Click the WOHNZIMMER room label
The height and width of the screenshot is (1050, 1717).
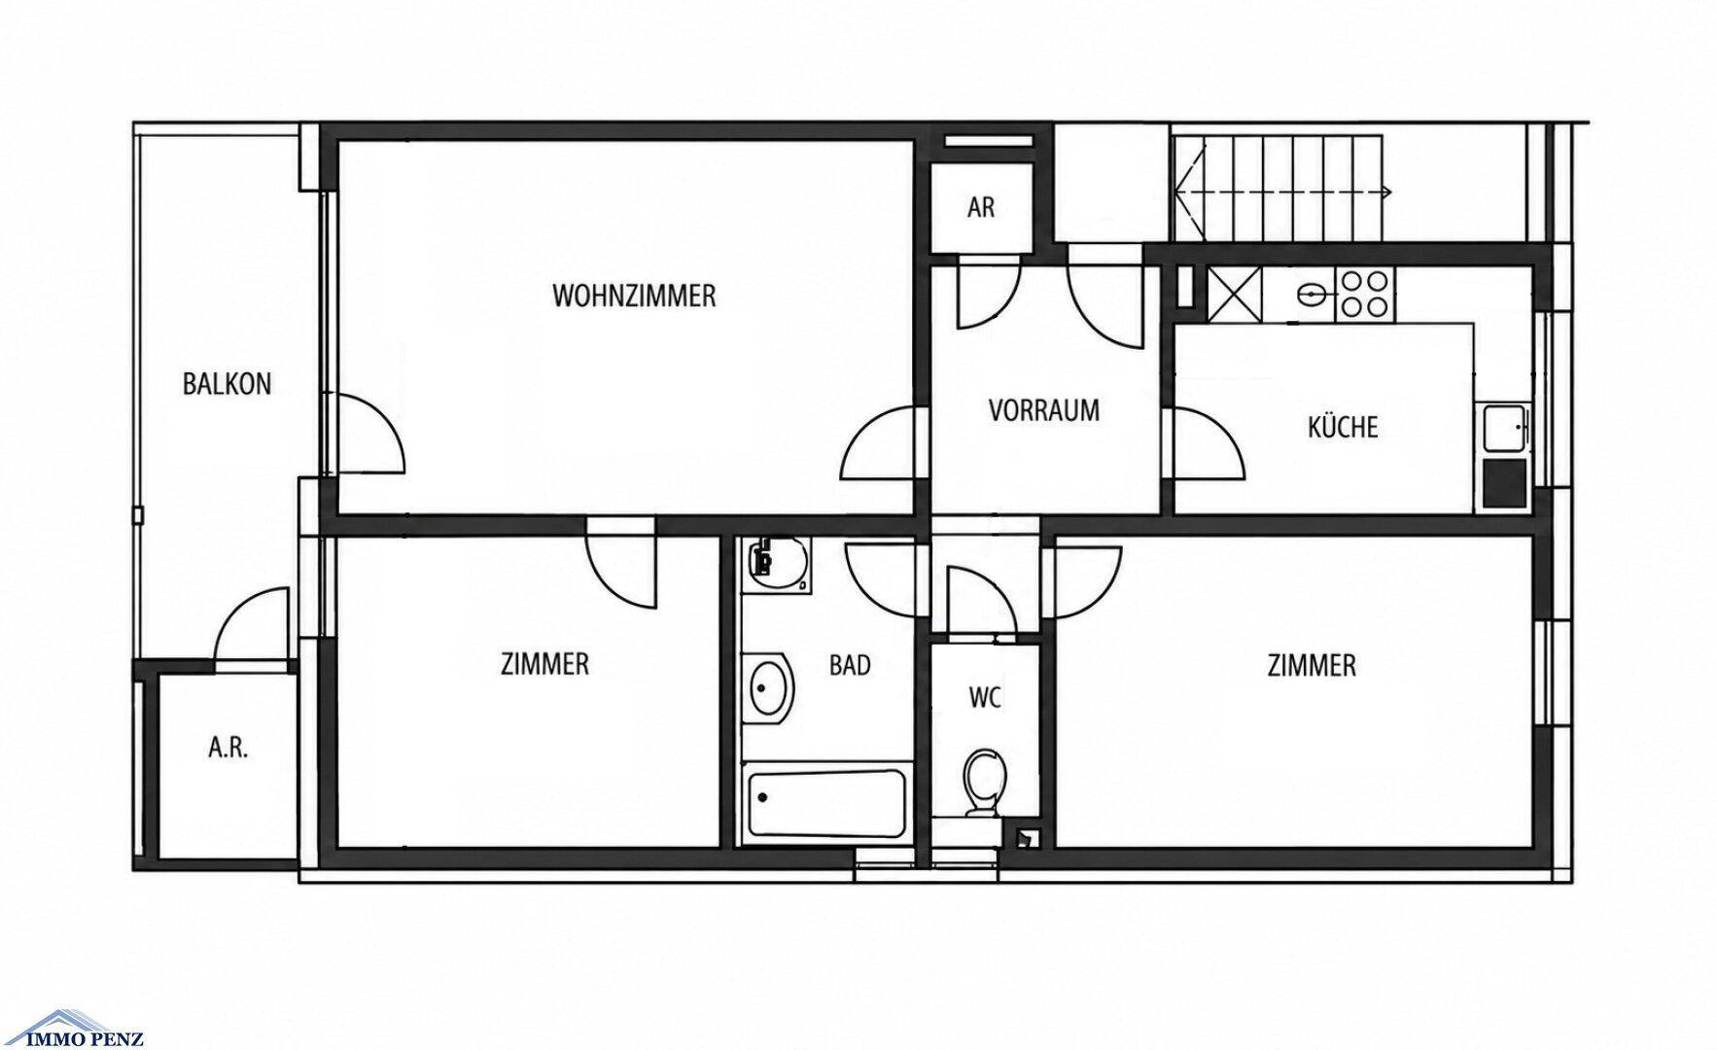[x=634, y=296]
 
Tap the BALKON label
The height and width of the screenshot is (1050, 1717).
[x=227, y=384]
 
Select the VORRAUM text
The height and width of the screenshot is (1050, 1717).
[x=1044, y=410]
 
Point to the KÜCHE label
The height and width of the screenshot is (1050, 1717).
[x=1343, y=427]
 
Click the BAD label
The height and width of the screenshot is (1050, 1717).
[x=850, y=665]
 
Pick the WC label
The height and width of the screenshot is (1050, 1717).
[x=985, y=697]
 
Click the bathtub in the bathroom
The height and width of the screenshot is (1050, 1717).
[x=827, y=806]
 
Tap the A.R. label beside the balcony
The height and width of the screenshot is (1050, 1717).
[x=228, y=749]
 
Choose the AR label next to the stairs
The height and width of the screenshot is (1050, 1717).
[x=981, y=208]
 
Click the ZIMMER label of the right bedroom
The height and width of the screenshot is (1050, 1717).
[x=1312, y=665]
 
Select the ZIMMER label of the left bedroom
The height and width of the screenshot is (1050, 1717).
[x=544, y=664]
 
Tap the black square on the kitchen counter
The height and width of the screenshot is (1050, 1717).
[x=1504, y=485]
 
